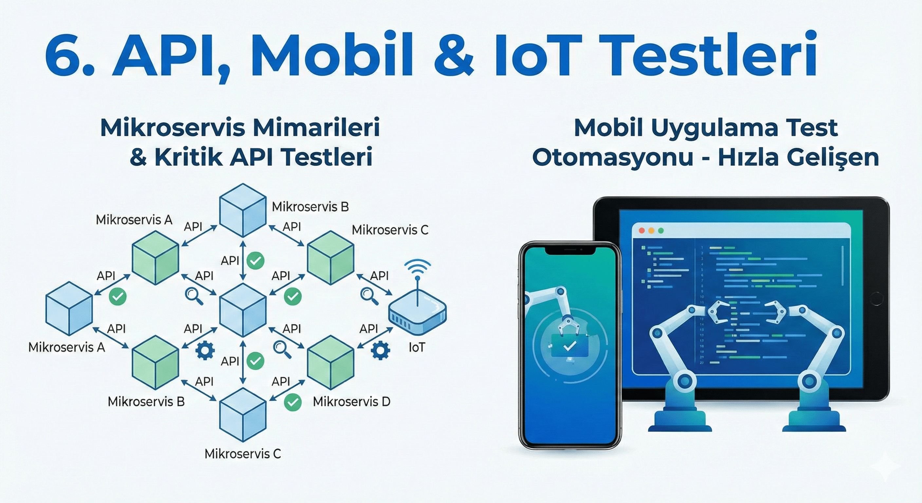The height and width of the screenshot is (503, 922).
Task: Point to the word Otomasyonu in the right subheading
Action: point(612,158)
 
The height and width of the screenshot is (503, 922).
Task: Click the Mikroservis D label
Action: point(351,402)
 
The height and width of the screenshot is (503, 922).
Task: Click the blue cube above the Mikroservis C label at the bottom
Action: point(243,415)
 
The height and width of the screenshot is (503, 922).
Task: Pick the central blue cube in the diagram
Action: point(243,310)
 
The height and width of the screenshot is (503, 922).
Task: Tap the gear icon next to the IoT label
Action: point(380,350)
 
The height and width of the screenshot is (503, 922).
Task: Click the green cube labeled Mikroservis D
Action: point(330,362)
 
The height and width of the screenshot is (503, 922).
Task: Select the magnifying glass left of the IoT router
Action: point(369,296)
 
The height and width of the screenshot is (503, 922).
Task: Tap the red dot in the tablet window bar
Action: point(642,231)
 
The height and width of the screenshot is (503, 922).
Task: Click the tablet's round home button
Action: point(876,299)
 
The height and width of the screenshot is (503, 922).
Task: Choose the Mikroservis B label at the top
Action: point(310,207)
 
